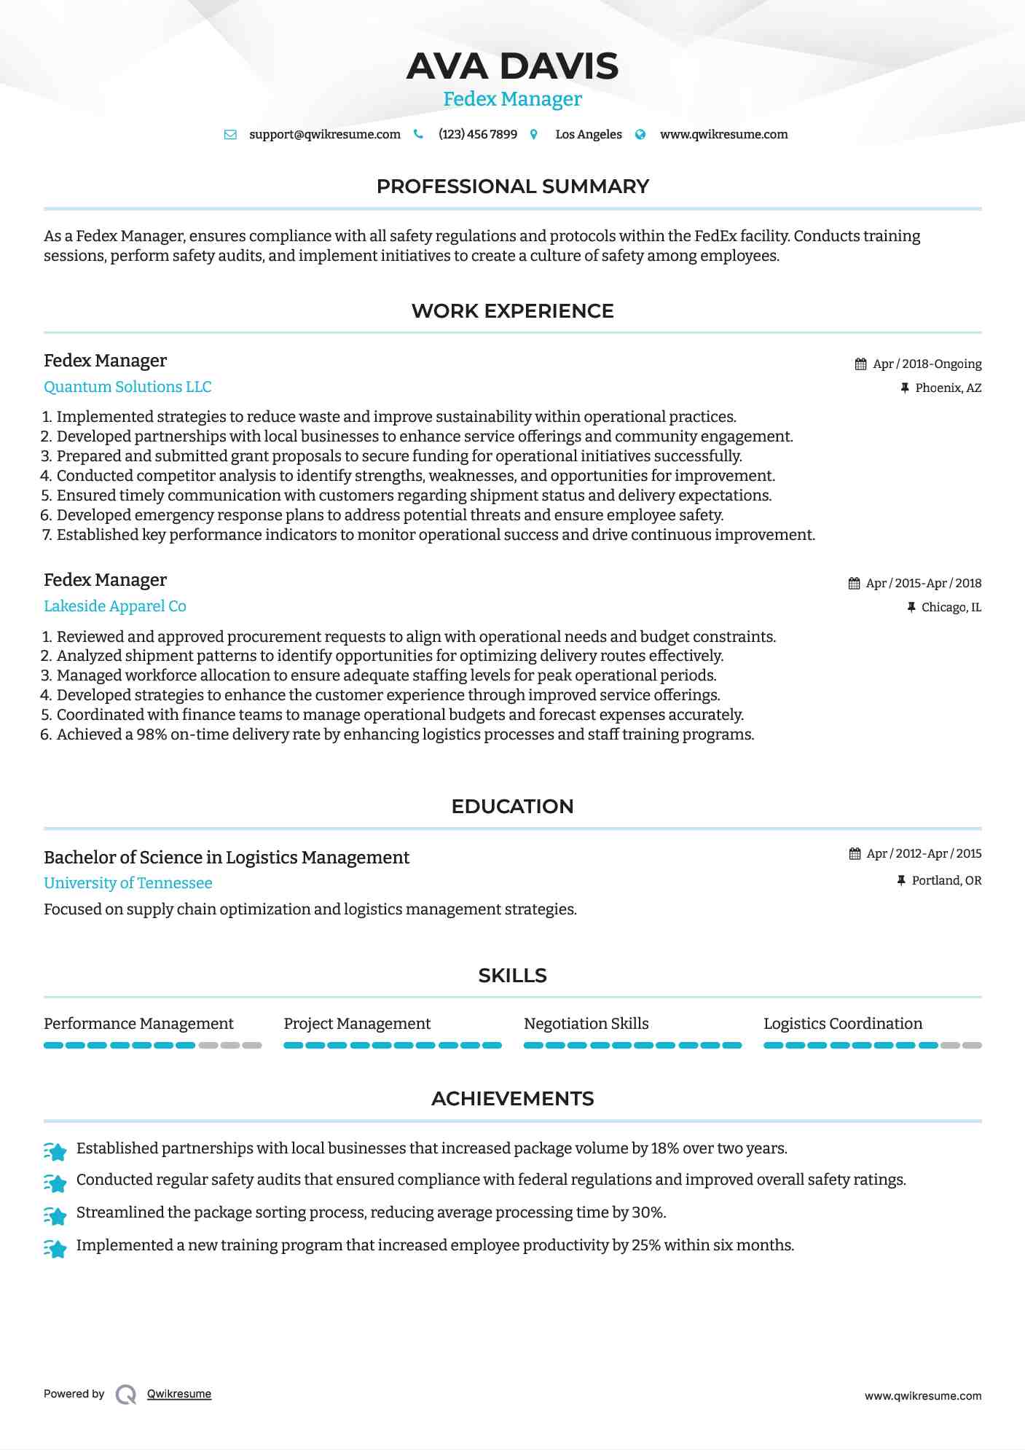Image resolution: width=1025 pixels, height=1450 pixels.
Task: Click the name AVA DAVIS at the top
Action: click(512, 66)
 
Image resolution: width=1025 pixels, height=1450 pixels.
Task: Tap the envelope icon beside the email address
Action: click(230, 135)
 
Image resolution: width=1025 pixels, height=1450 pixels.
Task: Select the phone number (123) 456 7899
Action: click(477, 135)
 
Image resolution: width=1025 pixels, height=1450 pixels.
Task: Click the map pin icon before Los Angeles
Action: click(534, 135)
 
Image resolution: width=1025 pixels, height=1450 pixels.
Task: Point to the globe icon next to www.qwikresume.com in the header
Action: click(640, 135)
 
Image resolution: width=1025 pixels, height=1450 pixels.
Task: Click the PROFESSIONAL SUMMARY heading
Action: click(512, 187)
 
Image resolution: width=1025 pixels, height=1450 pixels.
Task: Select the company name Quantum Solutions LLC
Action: click(127, 387)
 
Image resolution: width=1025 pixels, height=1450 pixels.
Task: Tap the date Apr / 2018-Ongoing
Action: click(927, 364)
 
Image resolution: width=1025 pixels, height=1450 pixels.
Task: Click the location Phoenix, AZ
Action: click(948, 388)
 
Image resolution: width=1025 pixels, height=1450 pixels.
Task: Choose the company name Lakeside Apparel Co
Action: click(115, 606)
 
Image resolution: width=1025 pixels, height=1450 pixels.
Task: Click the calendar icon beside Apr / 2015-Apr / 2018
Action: click(854, 584)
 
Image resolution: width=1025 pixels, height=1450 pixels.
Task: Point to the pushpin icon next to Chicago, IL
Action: click(911, 608)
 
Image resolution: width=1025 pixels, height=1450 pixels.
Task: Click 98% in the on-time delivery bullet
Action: click(152, 734)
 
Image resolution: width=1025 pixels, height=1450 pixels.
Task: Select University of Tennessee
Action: click(128, 883)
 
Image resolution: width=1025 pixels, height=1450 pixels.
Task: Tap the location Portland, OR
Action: click(946, 881)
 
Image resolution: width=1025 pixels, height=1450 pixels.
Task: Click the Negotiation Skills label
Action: click(586, 1024)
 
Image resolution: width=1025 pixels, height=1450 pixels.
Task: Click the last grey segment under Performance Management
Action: click(252, 1046)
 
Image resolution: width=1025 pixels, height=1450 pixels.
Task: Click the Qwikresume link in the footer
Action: click(179, 1394)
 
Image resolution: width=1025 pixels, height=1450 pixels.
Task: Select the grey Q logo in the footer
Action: click(126, 1395)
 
